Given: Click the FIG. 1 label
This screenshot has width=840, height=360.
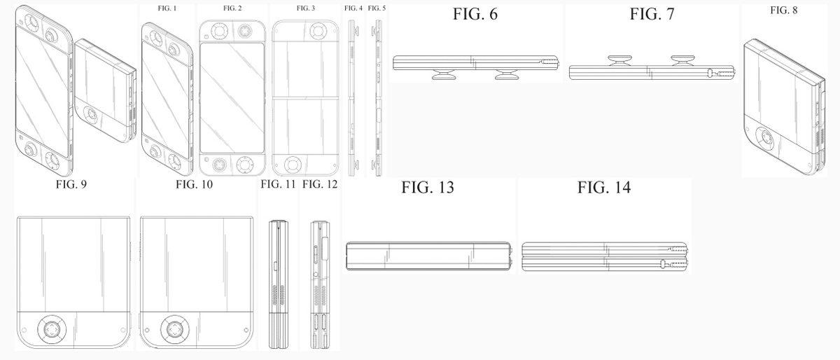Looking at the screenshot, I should click(168, 8).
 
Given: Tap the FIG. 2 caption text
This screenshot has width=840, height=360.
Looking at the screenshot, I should click(232, 8).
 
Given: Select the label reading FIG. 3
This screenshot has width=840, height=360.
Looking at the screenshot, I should click(306, 8).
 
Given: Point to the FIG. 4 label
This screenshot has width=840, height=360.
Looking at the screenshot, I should click(353, 8).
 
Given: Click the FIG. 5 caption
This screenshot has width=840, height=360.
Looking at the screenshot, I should click(377, 8).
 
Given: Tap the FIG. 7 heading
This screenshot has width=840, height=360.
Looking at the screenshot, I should click(652, 14).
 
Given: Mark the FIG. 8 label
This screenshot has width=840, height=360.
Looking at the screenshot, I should click(783, 10).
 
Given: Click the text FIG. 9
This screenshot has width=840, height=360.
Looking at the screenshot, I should click(71, 185).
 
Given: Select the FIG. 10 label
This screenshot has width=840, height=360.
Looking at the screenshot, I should click(194, 185).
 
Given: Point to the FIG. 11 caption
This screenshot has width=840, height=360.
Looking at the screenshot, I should click(279, 185).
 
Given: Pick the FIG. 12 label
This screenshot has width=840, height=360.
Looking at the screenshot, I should click(320, 185).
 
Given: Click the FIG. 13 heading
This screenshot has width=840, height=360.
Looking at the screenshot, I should click(428, 188).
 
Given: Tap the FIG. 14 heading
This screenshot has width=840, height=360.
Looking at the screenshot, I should click(604, 188).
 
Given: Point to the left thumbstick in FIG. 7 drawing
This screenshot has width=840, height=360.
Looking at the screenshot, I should click(619, 60).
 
